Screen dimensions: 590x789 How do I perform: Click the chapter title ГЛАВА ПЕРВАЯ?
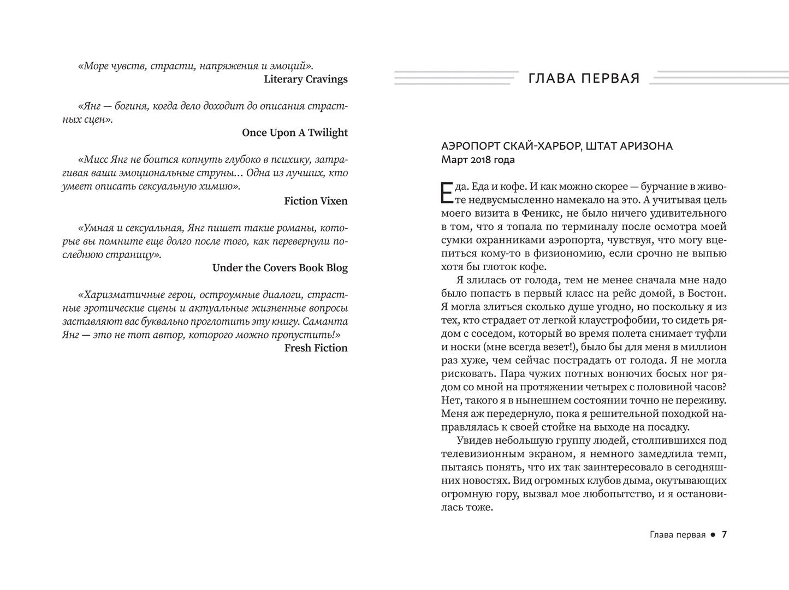(584, 79)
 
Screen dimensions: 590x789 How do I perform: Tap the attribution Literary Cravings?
(305, 79)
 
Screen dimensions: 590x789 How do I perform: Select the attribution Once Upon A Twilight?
(294, 133)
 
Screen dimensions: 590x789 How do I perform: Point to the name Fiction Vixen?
(316, 201)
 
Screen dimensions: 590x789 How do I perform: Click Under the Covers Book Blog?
(280, 268)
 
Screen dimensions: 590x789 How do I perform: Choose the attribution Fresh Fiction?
(316, 348)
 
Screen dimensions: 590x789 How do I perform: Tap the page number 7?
(724, 534)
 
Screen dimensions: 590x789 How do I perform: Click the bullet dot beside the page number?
(713, 535)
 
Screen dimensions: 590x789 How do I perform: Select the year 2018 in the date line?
(478, 160)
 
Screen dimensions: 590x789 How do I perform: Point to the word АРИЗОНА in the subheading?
(646, 146)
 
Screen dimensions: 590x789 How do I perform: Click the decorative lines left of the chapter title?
(456, 78)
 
